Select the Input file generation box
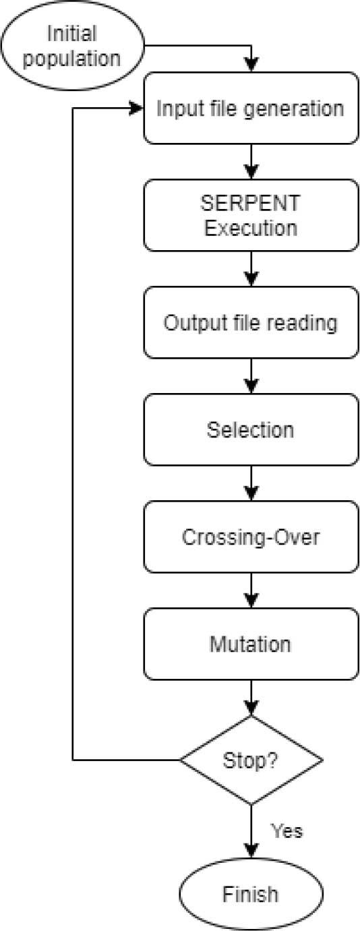pos(250,109)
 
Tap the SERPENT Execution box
pos(250,216)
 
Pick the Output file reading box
pos(250,323)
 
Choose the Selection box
pos(250,430)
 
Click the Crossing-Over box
pos(250,537)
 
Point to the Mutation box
pos(250,644)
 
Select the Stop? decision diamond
pos(250,760)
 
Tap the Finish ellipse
pos(250,895)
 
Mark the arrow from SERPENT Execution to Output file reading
pos(250,268)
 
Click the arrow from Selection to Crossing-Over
pos(250,483)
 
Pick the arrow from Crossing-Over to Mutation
pos(250,590)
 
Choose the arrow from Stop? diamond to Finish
pos(250,831)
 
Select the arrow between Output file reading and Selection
pos(250,376)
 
